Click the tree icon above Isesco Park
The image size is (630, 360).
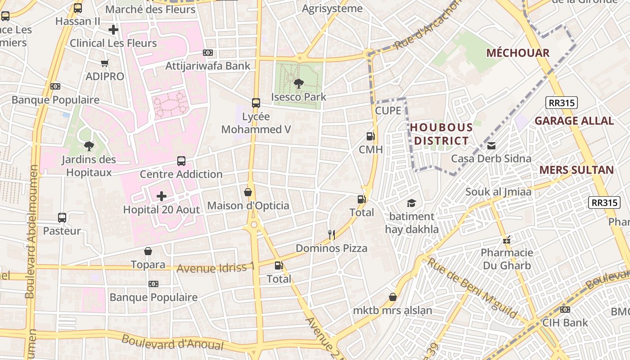coord(298,83)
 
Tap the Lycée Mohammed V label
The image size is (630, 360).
coord(256,123)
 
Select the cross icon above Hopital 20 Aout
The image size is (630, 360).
coord(162,196)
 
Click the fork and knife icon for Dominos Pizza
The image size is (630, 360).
coord(332,234)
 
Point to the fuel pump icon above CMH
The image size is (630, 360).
coord(370,136)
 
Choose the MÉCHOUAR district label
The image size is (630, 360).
coord(518,53)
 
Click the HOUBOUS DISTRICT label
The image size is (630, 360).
coord(441,134)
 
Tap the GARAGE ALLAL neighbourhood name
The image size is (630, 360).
coord(574,121)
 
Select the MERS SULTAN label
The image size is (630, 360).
coord(576,170)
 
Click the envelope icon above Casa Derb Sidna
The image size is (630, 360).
coord(491,145)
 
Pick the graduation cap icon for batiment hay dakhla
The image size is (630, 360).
coord(411,203)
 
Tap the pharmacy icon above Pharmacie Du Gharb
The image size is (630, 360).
coord(507,239)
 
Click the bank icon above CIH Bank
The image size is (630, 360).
coord(565,310)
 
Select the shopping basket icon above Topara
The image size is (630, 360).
coord(148,251)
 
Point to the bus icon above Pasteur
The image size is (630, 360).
coord(62,218)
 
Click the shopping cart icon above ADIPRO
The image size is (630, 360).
coord(105,63)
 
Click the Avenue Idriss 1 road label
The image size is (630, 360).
coord(216,268)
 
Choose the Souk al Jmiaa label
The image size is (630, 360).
coord(498,192)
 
